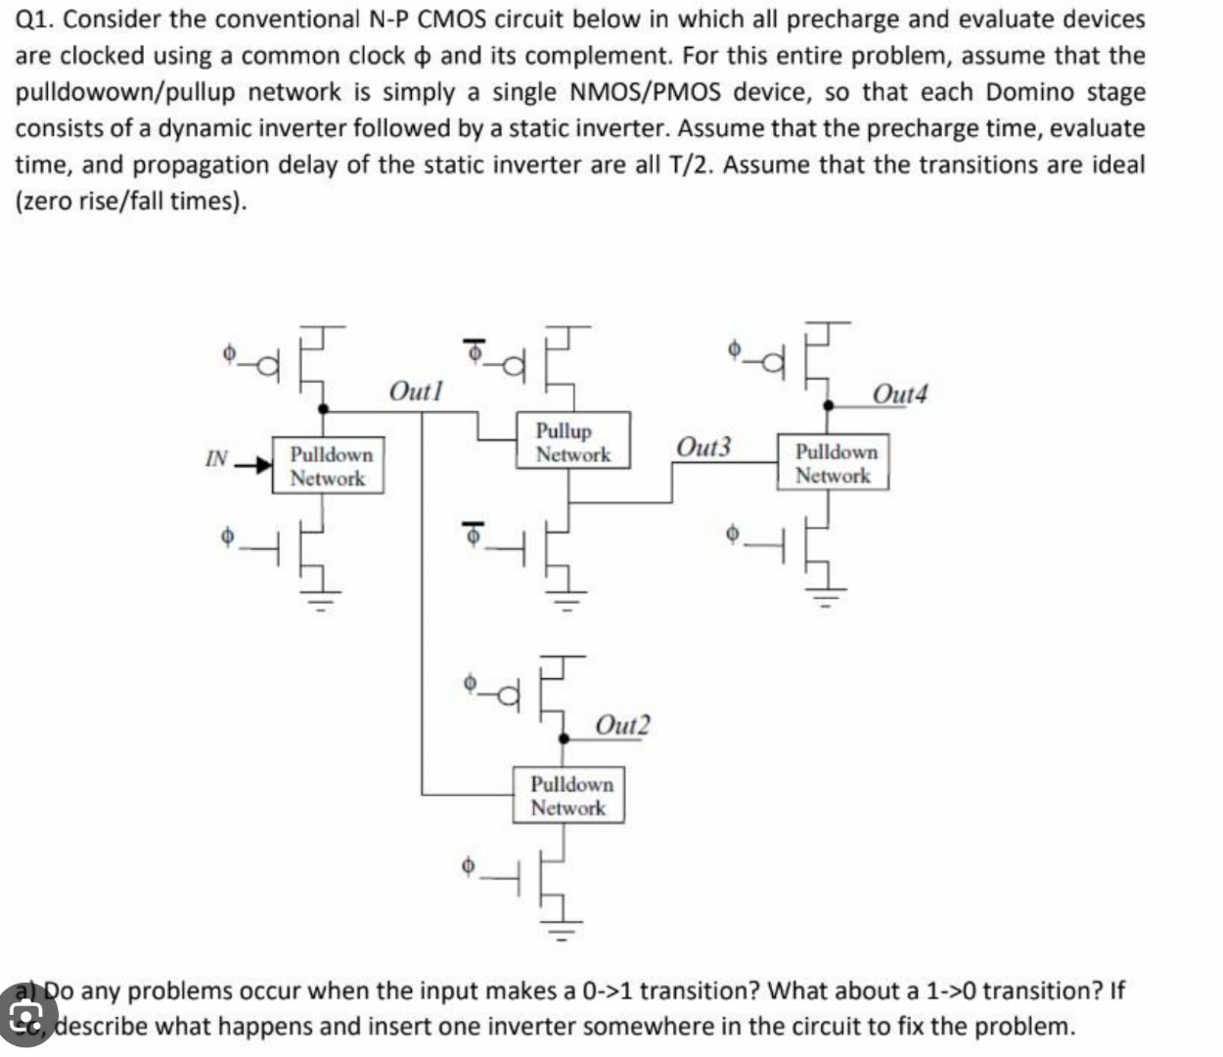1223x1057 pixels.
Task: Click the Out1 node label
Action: tap(415, 391)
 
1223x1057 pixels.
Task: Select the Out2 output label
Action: tap(622, 725)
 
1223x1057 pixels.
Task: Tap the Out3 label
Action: tap(703, 447)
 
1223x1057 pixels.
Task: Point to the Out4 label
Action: tap(899, 394)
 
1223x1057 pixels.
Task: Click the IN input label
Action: tap(216, 458)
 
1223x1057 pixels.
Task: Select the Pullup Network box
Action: tap(573, 442)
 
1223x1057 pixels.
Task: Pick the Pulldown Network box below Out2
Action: tap(569, 796)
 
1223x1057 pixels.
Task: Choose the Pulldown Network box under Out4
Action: tap(834, 463)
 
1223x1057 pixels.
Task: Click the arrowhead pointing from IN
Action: tap(259, 464)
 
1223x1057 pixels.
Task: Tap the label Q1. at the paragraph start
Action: tap(36, 20)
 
